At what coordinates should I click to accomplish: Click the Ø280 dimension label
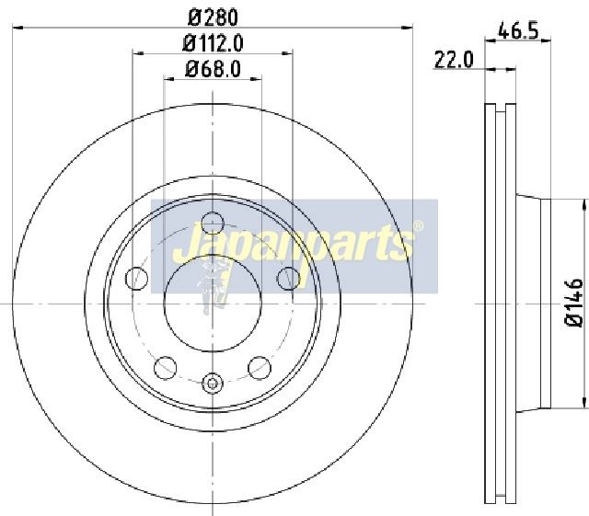pos(213,17)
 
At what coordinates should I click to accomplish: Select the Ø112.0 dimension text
pos(213,43)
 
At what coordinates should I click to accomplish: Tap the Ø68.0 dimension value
pos(213,69)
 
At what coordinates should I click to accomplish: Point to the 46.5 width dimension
pos(518,30)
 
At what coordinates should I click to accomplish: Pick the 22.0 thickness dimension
pos(454,60)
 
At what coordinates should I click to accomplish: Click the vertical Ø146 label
pos(574,303)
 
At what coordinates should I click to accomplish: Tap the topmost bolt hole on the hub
pos(213,224)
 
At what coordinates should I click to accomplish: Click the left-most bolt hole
pos(137,279)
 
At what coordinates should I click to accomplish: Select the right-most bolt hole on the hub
pos(288,279)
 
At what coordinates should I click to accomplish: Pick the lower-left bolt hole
pos(166,368)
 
